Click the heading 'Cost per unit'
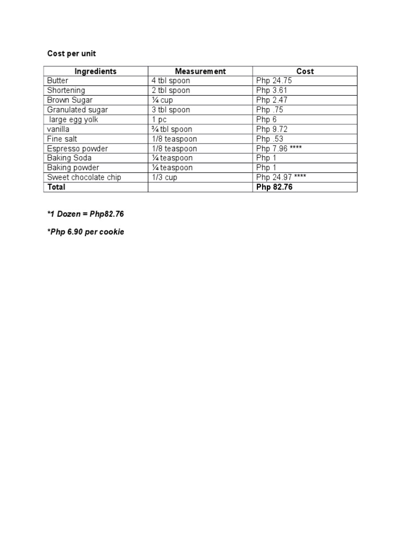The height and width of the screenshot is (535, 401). [72, 54]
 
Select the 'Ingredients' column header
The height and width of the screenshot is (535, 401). [96, 71]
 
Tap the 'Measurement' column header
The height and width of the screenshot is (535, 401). [200, 71]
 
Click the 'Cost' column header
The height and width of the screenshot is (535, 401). [305, 71]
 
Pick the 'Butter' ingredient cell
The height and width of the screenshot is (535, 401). [57, 81]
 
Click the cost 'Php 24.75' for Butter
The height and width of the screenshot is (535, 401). [274, 81]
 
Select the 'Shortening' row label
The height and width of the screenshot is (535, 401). [66, 90]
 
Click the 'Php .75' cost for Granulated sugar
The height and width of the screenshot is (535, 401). [270, 110]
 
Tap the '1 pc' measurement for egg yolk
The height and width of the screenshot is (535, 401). [159, 120]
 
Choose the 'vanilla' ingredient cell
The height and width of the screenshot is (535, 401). [58, 129]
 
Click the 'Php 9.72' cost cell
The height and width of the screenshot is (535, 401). [272, 129]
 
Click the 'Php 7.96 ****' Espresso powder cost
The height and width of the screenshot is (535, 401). [279, 148]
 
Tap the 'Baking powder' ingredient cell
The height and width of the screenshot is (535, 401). [73, 168]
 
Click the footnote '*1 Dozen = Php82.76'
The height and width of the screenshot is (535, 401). [86, 214]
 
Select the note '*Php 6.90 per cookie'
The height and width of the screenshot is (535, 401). [86, 231]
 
